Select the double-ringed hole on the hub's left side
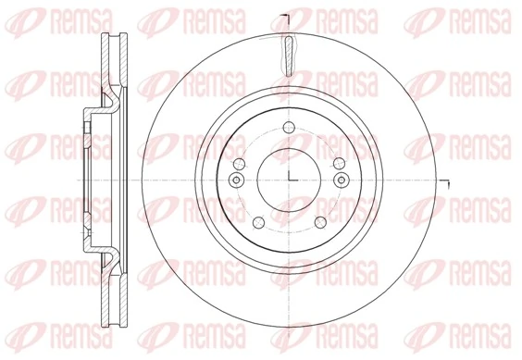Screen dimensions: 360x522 pos(234,180)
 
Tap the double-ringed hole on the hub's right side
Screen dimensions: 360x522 pos(342,180)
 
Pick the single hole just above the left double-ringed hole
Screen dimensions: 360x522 pos(238,165)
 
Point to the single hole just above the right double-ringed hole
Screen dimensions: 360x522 pos(338,165)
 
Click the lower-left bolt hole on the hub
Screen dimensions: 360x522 pos(256,222)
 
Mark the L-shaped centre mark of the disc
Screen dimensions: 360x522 pos(290,178)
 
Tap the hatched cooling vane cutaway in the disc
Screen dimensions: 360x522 pos(288,56)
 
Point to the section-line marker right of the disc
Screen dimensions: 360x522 pos(445,182)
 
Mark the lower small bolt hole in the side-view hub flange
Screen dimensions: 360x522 pos(83,232)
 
